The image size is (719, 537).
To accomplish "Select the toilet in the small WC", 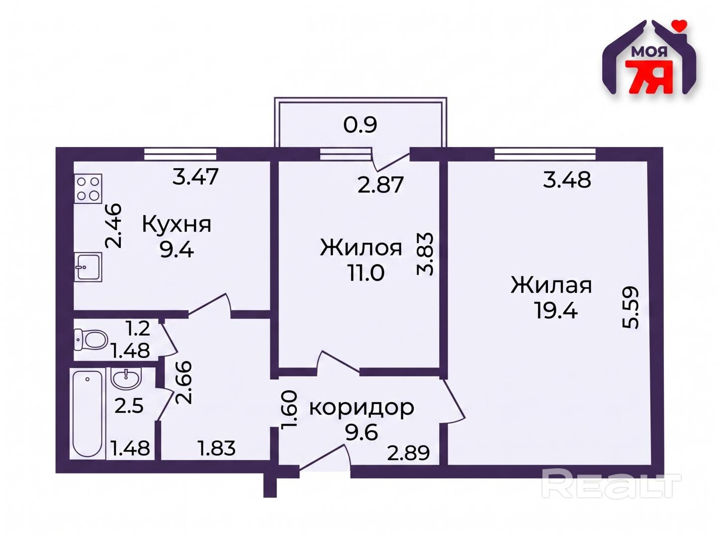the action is click(x=90, y=340).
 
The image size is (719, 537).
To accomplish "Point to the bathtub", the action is click(x=87, y=414).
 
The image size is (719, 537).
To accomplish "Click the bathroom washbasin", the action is click(x=126, y=378).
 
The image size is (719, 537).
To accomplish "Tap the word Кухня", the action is click(x=177, y=225).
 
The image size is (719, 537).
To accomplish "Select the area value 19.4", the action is click(x=556, y=310).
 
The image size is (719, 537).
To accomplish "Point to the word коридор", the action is click(x=361, y=408).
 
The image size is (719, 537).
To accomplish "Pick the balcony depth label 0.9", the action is click(x=360, y=124).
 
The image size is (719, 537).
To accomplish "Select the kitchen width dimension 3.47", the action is click(x=195, y=177).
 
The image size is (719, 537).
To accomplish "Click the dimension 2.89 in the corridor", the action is click(x=408, y=453).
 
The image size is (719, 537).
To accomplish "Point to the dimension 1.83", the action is click(x=216, y=448).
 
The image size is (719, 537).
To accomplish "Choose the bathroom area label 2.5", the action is click(x=129, y=406).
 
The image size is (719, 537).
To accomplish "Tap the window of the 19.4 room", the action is click(x=545, y=154).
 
